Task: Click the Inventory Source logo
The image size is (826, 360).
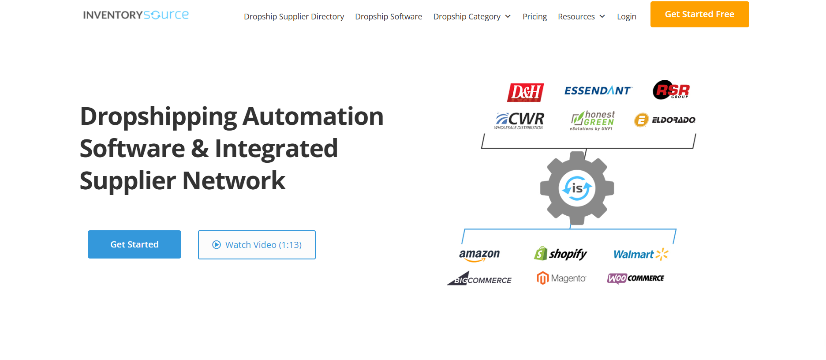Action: (x=136, y=15)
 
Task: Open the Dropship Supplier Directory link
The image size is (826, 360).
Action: (x=294, y=17)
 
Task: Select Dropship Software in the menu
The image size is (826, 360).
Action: (x=389, y=17)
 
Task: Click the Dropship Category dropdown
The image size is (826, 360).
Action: (x=472, y=17)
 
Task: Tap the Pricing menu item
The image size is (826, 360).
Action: (x=534, y=17)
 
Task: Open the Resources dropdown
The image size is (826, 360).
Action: (x=581, y=17)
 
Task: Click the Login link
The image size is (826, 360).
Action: (x=626, y=17)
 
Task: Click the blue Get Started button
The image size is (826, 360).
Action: (x=135, y=244)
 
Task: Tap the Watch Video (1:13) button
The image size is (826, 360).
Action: (x=257, y=245)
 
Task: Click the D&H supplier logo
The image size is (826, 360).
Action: (x=525, y=92)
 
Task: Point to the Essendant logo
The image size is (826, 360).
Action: (x=598, y=90)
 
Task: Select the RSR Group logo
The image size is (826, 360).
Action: (x=671, y=90)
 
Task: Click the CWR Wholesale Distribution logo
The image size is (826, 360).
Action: (x=520, y=120)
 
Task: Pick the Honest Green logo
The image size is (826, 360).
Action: (x=592, y=120)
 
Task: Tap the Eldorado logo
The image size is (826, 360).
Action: (x=665, y=120)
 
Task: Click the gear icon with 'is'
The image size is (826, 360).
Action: (x=577, y=188)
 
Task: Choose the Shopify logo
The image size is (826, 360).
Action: (x=561, y=254)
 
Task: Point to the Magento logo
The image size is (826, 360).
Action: (x=561, y=278)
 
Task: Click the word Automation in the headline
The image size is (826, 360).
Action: (x=313, y=116)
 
